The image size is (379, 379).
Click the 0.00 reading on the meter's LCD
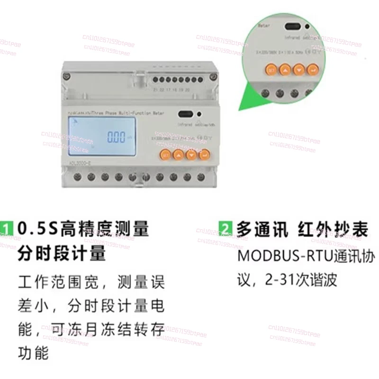tap(116, 138)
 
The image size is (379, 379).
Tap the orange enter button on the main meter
tap(204, 154)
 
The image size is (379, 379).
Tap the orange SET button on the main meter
tap(164, 154)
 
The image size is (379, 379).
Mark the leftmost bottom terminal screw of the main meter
tap(77, 177)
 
